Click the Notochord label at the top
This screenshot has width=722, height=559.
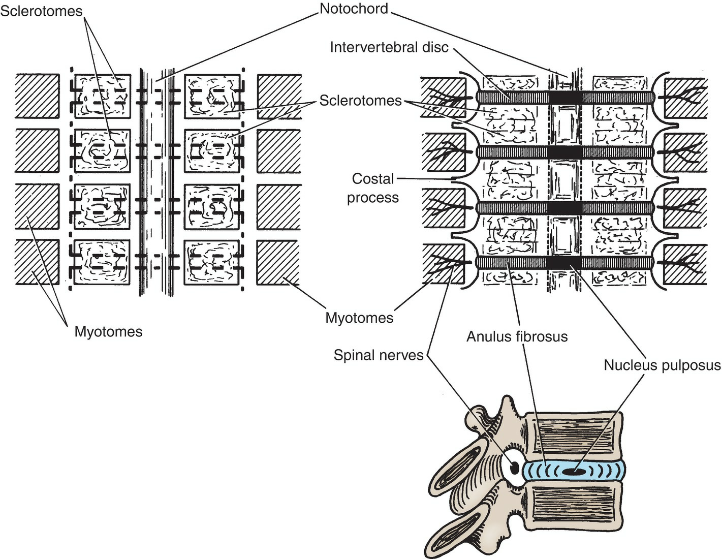[354, 9]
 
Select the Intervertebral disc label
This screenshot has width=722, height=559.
[389, 47]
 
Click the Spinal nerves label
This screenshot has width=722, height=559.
[379, 355]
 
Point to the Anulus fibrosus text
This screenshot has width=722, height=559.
[517, 336]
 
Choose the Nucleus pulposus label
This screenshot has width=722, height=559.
[662, 365]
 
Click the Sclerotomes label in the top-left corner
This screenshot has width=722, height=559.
[41, 11]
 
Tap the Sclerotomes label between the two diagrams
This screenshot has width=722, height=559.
[360, 101]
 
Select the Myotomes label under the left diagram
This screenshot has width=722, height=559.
[108, 332]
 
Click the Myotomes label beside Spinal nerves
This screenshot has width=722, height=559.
[359, 318]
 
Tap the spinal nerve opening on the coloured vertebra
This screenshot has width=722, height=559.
[514, 467]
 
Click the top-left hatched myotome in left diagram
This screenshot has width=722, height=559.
[37, 97]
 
